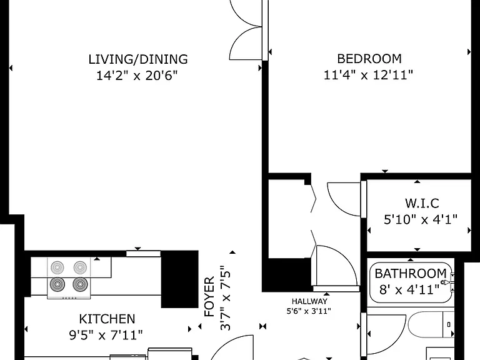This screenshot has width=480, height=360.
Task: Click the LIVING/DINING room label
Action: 138,59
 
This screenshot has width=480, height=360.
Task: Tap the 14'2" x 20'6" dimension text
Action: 137,75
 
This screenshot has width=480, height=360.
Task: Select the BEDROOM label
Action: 369,59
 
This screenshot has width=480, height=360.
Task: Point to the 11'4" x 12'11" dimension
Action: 368,75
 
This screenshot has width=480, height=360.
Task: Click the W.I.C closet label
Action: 422,203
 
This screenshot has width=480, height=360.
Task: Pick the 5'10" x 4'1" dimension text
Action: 421,219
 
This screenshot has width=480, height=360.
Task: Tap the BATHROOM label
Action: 411,273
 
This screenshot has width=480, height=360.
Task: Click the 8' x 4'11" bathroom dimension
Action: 409,289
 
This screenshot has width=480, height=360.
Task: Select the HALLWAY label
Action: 309,301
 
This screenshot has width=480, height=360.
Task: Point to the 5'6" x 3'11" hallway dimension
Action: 309,311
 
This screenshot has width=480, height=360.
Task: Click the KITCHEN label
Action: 107,319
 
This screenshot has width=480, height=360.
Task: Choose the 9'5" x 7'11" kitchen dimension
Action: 106,335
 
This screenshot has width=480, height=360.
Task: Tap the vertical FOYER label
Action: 209,297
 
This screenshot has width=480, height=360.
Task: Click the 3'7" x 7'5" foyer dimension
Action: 226,298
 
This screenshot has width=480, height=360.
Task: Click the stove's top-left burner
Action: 57,267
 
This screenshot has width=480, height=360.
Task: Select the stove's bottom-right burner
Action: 80,284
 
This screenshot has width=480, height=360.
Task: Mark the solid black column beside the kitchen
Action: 180,279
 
